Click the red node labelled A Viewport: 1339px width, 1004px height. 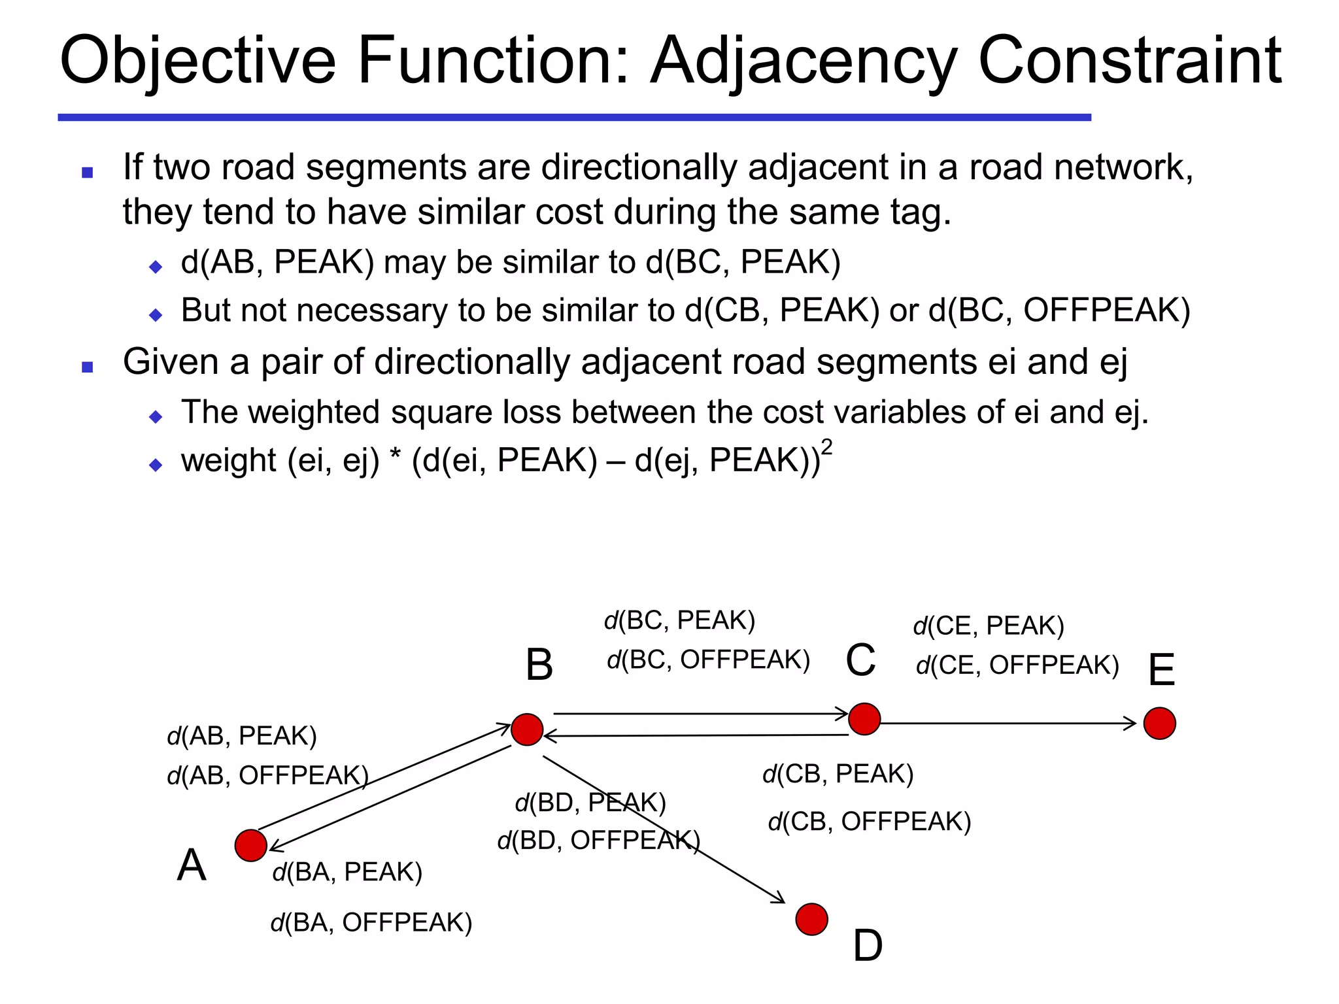point(250,845)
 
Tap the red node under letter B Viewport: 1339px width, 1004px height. point(527,729)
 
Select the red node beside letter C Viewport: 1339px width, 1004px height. point(864,719)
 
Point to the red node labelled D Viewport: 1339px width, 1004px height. point(812,920)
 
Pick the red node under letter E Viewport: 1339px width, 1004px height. point(1160,724)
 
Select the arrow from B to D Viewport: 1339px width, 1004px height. point(664,829)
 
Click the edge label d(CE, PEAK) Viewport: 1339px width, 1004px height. point(989,626)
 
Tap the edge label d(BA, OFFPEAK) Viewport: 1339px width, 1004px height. point(371,922)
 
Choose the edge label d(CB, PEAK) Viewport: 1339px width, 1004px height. point(838,774)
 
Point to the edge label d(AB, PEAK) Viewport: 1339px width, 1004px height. point(242,736)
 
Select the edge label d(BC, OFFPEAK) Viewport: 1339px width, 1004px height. point(708,660)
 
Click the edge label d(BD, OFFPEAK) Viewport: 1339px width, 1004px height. point(598,841)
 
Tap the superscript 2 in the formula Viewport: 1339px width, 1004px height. point(827,448)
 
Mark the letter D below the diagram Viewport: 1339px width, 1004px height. point(868,946)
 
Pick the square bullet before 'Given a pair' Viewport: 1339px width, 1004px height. point(88,367)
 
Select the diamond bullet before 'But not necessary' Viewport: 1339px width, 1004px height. point(156,315)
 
